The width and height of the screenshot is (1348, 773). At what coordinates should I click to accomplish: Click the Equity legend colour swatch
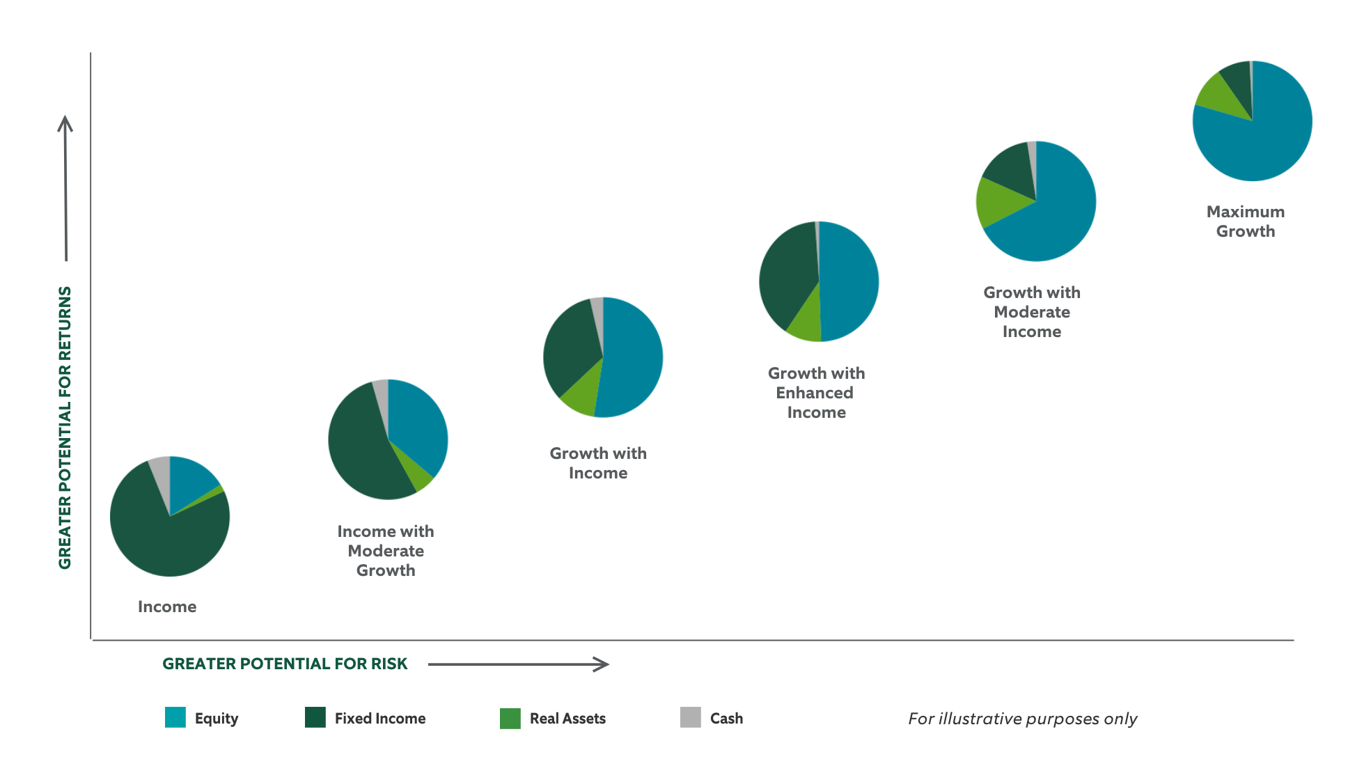pyautogui.click(x=175, y=717)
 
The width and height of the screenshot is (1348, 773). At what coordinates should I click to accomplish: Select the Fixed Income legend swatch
pyautogui.click(x=315, y=717)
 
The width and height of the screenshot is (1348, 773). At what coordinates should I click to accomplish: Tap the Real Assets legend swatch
pyautogui.click(x=510, y=718)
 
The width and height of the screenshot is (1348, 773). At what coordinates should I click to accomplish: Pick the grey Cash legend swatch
pyautogui.click(x=691, y=717)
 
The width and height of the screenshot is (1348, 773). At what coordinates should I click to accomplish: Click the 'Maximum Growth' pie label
pyautogui.click(x=1246, y=221)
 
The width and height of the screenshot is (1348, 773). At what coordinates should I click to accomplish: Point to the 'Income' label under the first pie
pyautogui.click(x=167, y=607)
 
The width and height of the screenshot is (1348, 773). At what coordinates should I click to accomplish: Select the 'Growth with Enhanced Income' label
pyautogui.click(x=816, y=393)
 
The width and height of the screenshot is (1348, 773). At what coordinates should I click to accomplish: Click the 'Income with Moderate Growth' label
pyautogui.click(x=386, y=551)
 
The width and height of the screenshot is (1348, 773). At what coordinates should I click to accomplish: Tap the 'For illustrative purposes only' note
pyautogui.click(x=1022, y=719)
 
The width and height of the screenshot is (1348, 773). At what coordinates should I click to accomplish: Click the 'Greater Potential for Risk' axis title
pyautogui.click(x=285, y=664)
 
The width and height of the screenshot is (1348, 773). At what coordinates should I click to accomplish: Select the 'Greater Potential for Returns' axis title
pyautogui.click(x=65, y=428)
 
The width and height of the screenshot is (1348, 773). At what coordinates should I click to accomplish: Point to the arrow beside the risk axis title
pyautogui.click(x=519, y=664)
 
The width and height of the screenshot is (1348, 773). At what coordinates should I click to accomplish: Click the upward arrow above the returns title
pyautogui.click(x=65, y=188)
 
